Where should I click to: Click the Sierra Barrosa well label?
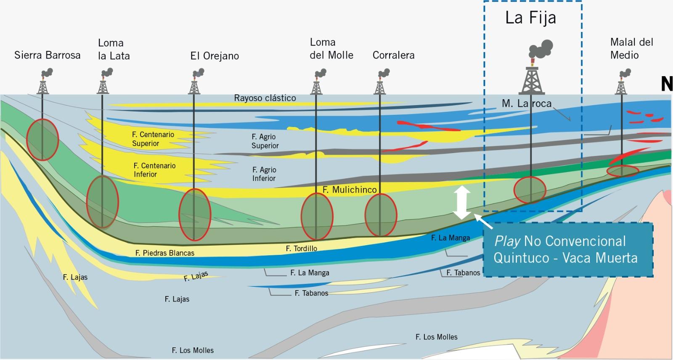(47, 55)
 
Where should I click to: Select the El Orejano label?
(215, 56)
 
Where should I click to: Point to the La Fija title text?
(530, 18)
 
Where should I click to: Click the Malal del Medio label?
(631, 48)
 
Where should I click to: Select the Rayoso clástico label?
(265, 98)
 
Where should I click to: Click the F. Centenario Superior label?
(153, 139)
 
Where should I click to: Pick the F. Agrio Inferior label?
(264, 174)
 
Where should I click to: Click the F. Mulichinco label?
(350, 190)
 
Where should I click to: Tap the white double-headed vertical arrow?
(462, 203)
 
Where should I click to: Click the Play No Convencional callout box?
(565, 249)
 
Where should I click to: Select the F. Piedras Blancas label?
(165, 253)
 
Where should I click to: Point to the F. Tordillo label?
(302, 249)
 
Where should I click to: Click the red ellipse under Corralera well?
(381, 215)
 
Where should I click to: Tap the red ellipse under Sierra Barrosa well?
(42, 140)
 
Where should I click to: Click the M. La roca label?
(526, 103)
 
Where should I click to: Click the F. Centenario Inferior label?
(154, 170)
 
